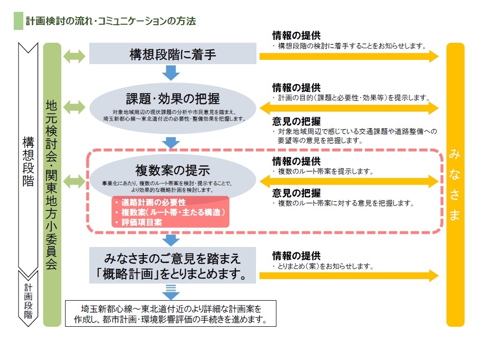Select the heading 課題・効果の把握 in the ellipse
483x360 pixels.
[172, 98]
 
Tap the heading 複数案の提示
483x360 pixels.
[172, 170]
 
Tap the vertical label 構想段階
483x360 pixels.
[28, 161]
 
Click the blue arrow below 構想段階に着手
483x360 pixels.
[171, 72]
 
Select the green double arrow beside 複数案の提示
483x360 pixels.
[74, 180]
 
